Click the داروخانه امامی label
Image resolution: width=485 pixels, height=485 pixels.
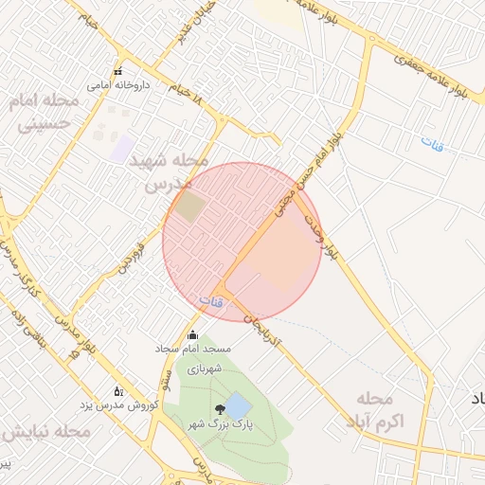coord(117,85)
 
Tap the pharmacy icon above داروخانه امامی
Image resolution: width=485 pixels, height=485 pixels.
coord(117,72)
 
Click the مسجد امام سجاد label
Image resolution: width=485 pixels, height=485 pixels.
coord(193,350)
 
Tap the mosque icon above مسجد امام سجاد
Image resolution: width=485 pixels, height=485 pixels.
coord(193,335)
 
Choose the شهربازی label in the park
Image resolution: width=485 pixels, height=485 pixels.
coord(204,368)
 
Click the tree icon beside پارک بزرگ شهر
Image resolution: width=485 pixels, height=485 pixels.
coord(221,409)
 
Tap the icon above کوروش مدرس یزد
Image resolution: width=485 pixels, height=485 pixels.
coord(117,390)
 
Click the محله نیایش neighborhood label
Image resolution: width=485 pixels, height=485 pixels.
coord(45,432)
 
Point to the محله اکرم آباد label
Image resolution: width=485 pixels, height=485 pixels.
coord(384,407)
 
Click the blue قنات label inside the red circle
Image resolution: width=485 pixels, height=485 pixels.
coord(211,300)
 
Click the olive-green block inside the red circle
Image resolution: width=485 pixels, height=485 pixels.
coord(189,207)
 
